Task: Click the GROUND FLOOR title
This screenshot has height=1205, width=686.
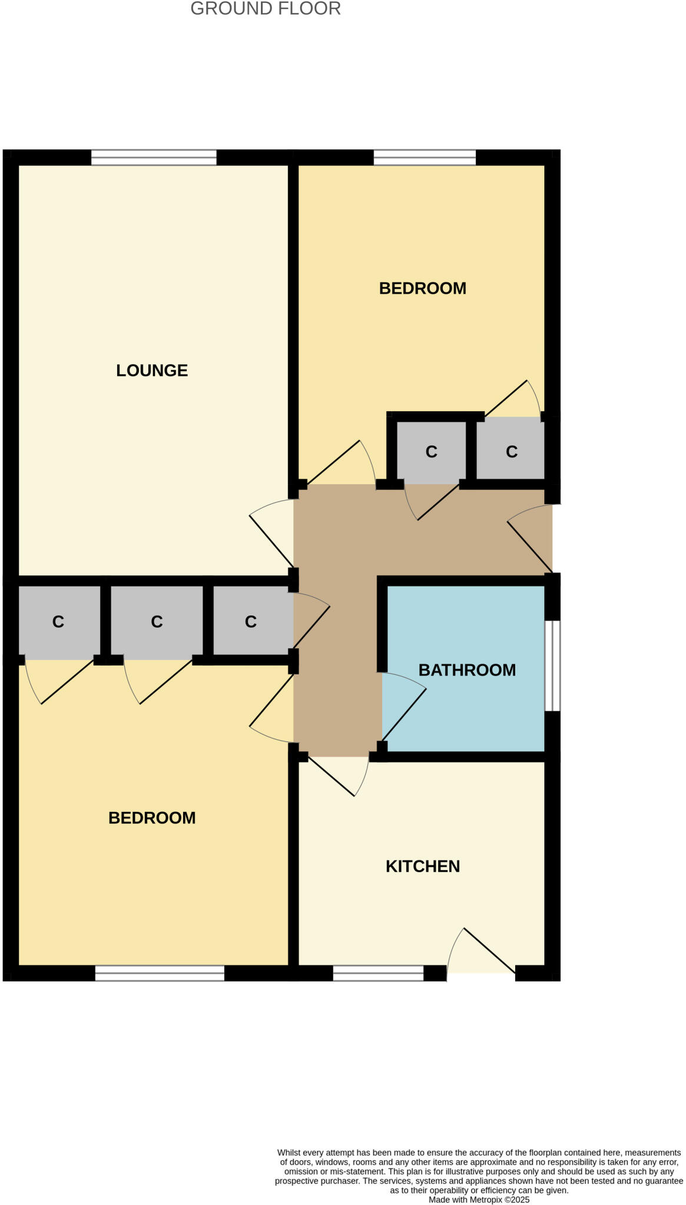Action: pos(266,9)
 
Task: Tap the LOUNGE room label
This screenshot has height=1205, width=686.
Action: pos(152,370)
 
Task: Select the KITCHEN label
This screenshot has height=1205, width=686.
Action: pos(422,866)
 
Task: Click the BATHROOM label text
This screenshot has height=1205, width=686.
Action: pos(467,670)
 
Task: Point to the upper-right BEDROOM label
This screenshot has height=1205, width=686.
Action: pos(422,288)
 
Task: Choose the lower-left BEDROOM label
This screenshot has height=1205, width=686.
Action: pos(152,818)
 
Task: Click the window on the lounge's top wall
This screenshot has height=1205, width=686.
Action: pos(154,158)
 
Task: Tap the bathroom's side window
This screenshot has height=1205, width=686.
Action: pos(552,666)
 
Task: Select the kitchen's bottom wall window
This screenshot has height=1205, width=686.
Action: pos(378,973)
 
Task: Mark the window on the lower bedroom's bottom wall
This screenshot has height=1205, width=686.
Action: pos(160,973)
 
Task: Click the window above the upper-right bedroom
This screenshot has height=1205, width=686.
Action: pos(425,158)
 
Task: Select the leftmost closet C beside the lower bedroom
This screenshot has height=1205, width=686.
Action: pos(58,621)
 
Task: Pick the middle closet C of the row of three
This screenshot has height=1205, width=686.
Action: pos(157,621)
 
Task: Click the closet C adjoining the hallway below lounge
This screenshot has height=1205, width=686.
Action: pos(251,621)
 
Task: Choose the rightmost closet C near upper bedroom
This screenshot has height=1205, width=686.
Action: pos(511,451)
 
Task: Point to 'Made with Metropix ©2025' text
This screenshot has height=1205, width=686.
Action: pos(479,1200)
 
